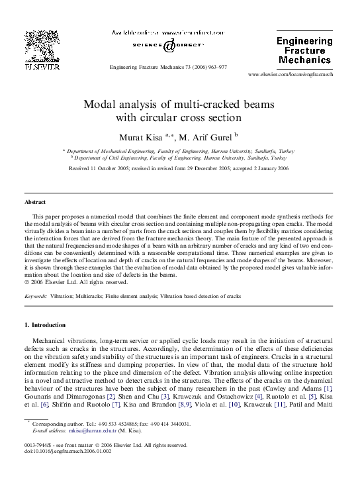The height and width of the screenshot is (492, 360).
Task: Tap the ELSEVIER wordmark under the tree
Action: point(42,67)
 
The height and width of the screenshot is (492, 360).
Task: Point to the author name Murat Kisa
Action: point(138,138)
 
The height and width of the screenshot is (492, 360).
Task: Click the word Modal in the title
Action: point(100,105)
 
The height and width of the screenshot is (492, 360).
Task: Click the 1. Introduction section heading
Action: point(45,325)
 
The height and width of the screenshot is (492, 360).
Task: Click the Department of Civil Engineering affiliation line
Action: point(179,159)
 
